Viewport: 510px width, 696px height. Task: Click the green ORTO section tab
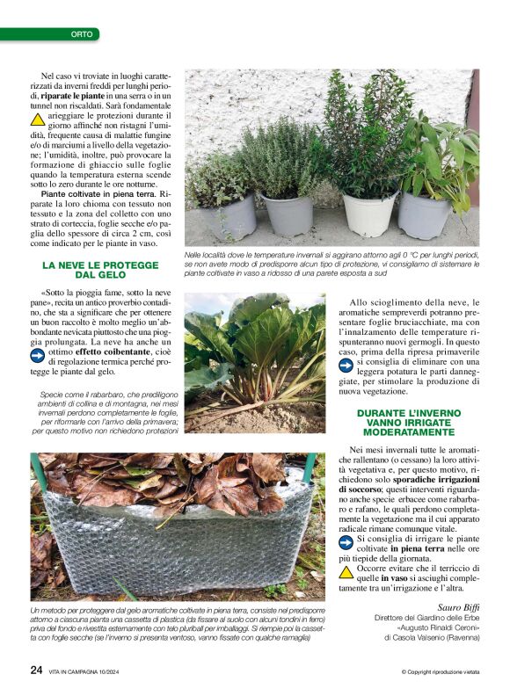[x=84, y=34]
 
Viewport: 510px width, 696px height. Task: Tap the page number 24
[x=36, y=670]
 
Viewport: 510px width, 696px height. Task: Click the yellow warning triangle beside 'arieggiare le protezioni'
[x=38, y=119]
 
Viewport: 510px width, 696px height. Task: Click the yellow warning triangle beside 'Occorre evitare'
[x=347, y=572]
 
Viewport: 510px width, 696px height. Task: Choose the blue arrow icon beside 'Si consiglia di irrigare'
[x=347, y=541]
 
